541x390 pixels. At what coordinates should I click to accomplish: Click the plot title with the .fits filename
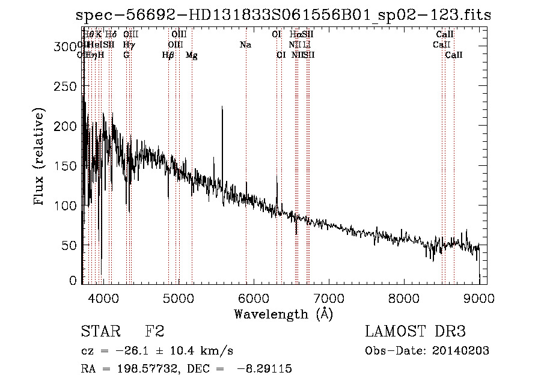point(284,16)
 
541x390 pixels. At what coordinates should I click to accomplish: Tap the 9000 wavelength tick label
point(479,297)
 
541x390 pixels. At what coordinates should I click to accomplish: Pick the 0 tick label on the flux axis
point(73,281)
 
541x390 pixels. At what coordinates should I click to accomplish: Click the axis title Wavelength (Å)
point(283,314)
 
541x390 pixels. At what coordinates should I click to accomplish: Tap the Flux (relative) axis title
point(40,157)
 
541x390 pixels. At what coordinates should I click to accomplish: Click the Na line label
point(245,45)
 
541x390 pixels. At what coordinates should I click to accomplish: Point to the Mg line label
point(191,55)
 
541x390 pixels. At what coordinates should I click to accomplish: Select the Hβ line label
point(168,55)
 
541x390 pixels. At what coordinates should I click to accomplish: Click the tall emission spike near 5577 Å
point(222,108)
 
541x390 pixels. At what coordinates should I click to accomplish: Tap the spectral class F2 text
point(154,332)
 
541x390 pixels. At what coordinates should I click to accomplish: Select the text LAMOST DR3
point(415,332)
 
